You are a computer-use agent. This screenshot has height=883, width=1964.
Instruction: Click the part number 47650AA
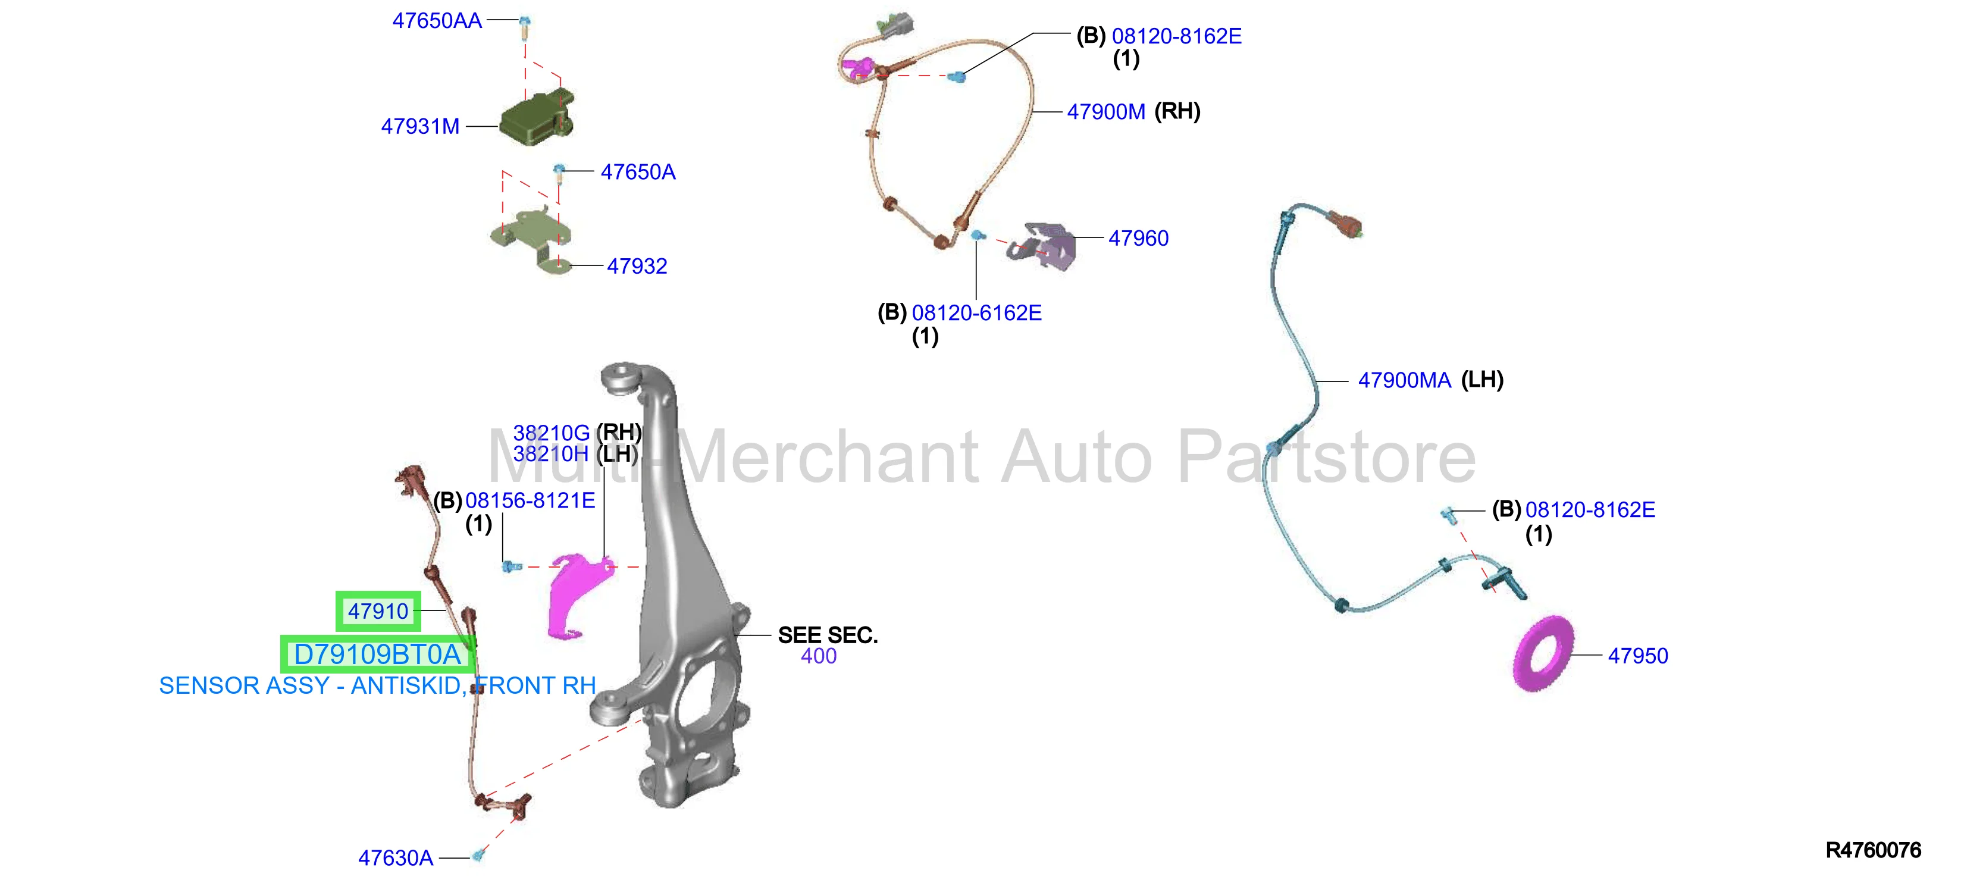click(x=437, y=21)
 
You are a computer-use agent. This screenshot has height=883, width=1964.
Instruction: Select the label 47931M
click(x=420, y=127)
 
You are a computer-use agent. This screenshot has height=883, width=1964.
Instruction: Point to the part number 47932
click(x=637, y=266)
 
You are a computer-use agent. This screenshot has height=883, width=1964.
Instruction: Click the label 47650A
click(x=638, y=173)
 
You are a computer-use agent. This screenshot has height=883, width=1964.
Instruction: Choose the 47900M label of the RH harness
click(x=1105, y=112)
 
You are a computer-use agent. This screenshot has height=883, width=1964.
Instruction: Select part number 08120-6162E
click(x=977, y=314)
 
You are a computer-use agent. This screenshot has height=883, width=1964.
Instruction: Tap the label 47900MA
click(x=1404, y=380)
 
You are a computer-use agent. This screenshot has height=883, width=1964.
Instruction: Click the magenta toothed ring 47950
click(x=1543, y=653)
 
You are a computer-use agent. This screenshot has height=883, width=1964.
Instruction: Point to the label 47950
click(x=1638, y=656)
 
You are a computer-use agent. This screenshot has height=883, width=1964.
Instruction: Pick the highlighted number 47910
click(x=378, y=612)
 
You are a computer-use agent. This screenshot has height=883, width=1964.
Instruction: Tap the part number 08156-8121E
click(x=530, y=501)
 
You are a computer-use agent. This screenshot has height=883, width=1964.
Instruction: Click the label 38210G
click(x=551, y=433)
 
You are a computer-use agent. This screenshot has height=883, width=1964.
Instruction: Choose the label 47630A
click(x=396, y=859)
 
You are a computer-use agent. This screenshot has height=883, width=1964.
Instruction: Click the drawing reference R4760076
click(x=1874, y=850)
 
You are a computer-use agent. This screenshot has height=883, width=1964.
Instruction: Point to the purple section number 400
click(x=819, y=656)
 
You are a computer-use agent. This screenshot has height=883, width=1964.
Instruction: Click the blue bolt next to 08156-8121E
click(x=511, y=566)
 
